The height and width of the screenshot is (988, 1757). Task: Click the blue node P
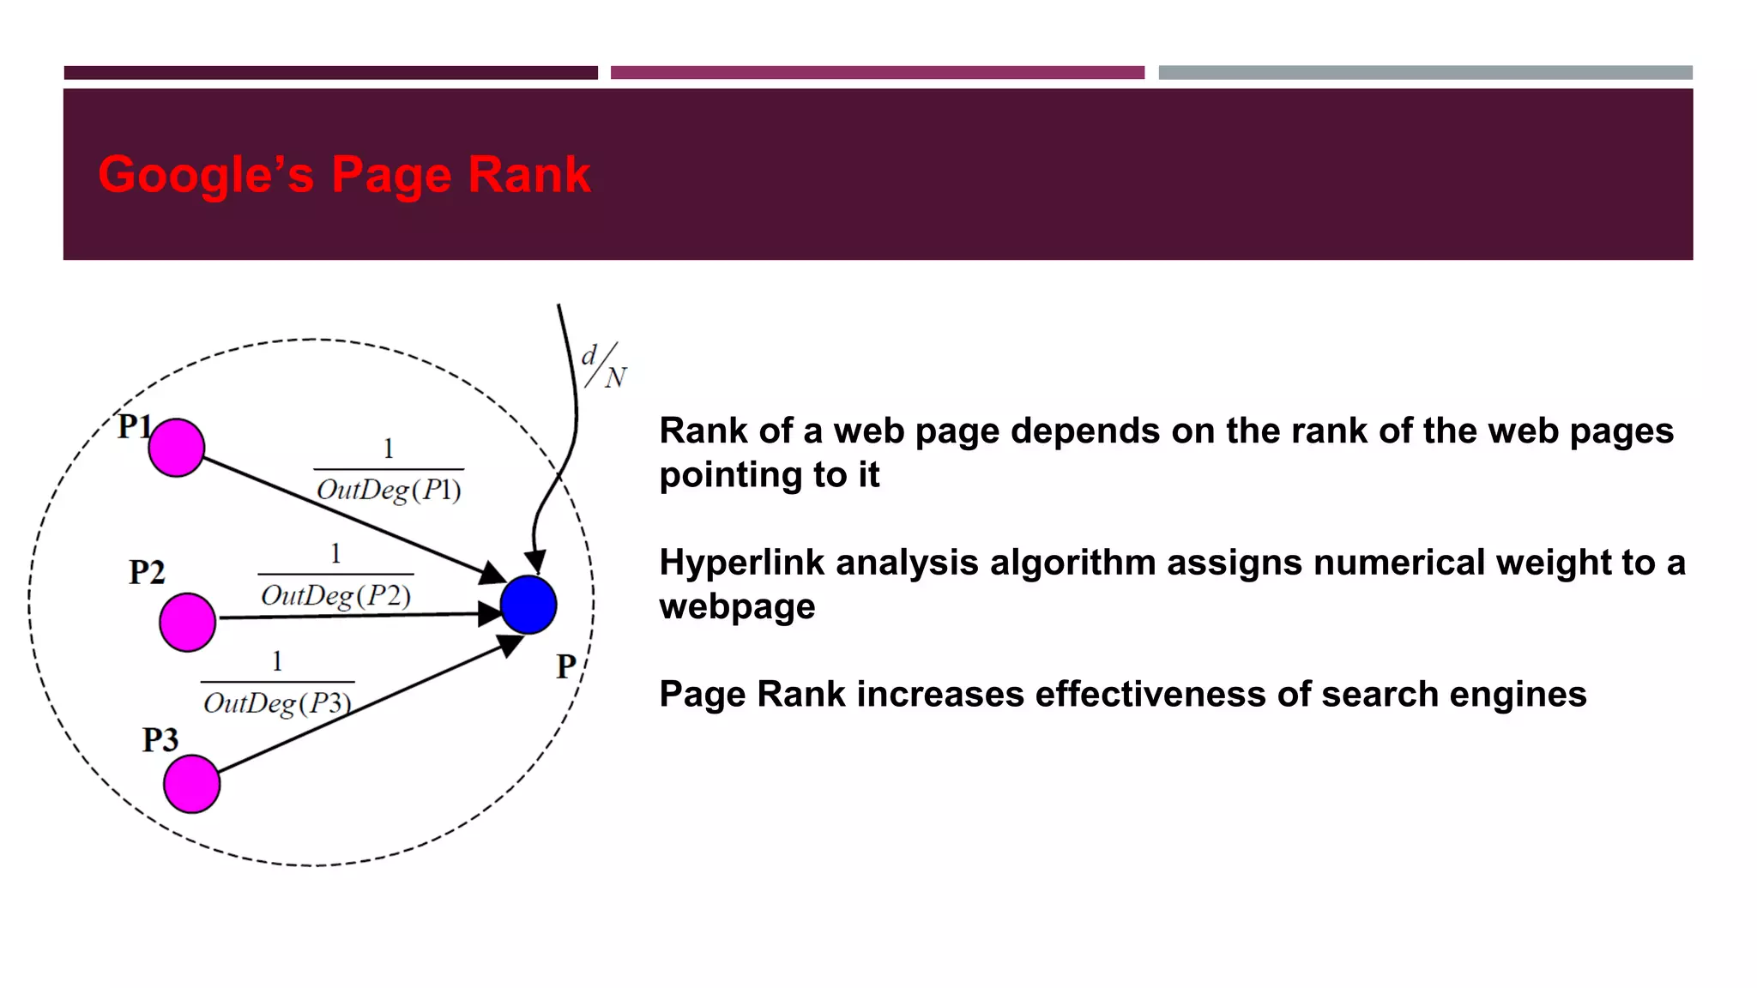click(528, 605)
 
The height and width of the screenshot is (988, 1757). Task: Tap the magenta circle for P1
click(176, 448)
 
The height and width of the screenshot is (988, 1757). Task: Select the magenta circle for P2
click(187, 622)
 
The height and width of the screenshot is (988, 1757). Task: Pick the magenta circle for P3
click(191, 784)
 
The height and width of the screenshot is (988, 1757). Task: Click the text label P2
click(147, 572)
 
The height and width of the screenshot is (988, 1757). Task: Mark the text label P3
click(160, 739)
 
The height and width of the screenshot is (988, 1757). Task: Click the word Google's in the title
click(206, 175)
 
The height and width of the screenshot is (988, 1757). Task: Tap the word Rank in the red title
click(528, 175)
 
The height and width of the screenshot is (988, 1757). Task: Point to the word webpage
click(737, 607)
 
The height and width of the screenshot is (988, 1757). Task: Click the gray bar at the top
click(1425, 73)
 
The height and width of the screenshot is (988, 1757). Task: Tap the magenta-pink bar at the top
click(877, 73)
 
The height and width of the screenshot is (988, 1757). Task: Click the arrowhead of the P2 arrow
click(490, 614)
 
